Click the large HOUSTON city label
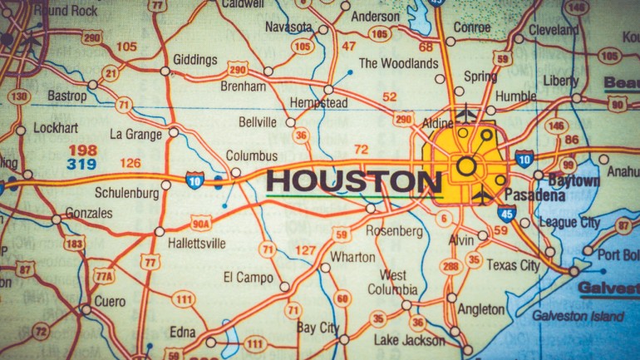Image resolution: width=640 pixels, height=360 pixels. pyautogui.click(x=353, y=181)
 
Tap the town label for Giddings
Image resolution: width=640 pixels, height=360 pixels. pyautogui.click(x=194, y=60)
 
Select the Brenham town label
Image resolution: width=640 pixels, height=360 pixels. pyautogui.click(x=243, y=86)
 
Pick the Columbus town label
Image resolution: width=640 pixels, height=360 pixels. pyautogui.click(x=251, y=155)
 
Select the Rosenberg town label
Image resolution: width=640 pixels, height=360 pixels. pyautogui.click(x=395, y=231)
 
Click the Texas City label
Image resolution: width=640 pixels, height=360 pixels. pyautogui.click(x=512, y=265)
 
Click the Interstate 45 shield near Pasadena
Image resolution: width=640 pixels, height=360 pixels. pyautogui.click(x=508, y=215)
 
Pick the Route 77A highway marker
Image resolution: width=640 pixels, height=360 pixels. pyautogui.click(x=103, y=276)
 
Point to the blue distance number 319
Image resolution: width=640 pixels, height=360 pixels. pyautogui.click(x=82, y=164)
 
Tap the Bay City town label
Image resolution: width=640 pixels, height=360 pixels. pyautogui.click(x=318, y=328)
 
